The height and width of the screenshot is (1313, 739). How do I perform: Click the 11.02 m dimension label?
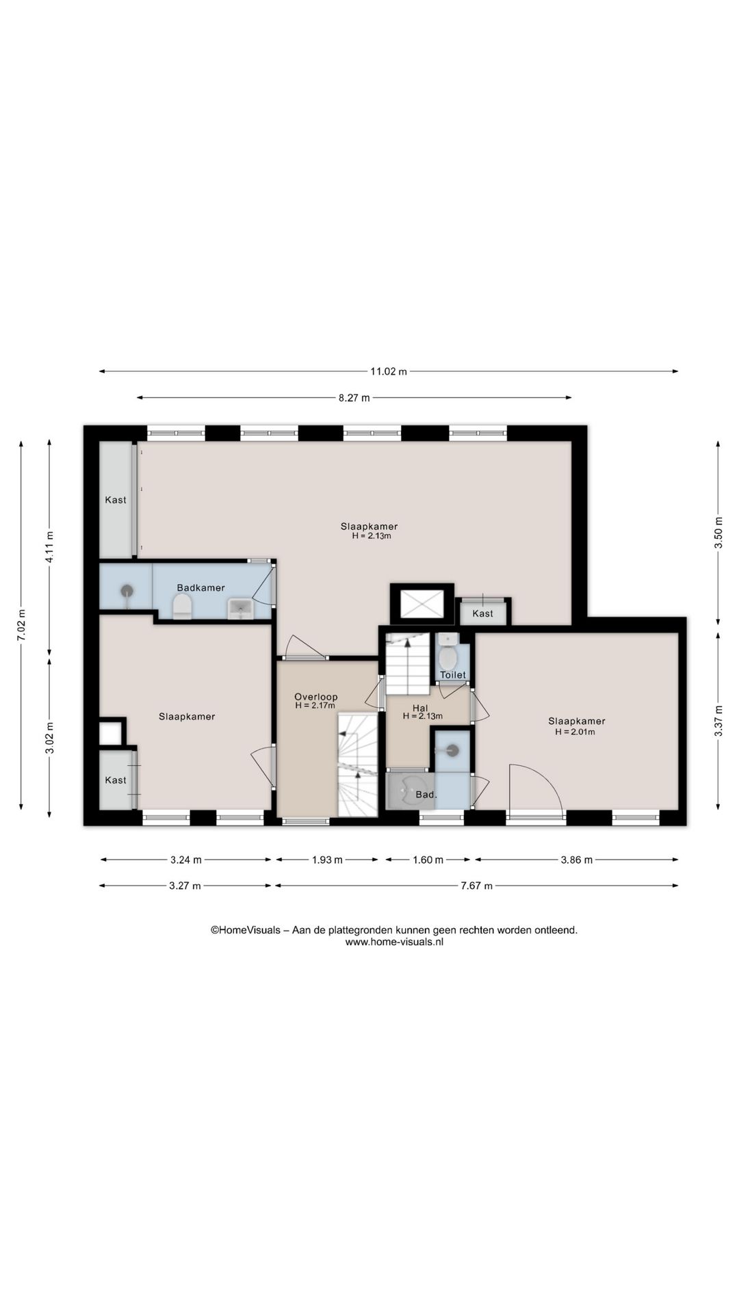388,371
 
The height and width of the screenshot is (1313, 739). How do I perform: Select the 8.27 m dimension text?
354,398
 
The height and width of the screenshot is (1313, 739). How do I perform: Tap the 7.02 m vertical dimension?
22,625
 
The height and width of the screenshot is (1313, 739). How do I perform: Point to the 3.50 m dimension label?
718,533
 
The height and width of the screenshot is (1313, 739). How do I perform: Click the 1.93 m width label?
327,860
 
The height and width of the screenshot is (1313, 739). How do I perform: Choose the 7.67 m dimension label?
476,886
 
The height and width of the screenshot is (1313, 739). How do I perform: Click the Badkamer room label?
200,587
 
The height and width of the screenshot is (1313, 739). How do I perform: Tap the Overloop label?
316,697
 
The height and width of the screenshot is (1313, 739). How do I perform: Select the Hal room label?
420,708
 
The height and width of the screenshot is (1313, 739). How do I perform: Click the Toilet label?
453,674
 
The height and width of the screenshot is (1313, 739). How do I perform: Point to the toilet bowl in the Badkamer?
182,607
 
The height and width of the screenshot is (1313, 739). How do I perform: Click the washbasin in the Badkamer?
240,608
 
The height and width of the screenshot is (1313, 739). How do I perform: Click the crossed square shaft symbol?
422,604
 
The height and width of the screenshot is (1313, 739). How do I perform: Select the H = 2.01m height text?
575,732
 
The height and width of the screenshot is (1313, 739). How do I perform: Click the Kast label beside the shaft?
482,613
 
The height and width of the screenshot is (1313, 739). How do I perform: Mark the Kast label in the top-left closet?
116,500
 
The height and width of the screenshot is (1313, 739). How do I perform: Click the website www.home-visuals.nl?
394,942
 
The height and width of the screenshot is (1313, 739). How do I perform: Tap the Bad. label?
426,795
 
